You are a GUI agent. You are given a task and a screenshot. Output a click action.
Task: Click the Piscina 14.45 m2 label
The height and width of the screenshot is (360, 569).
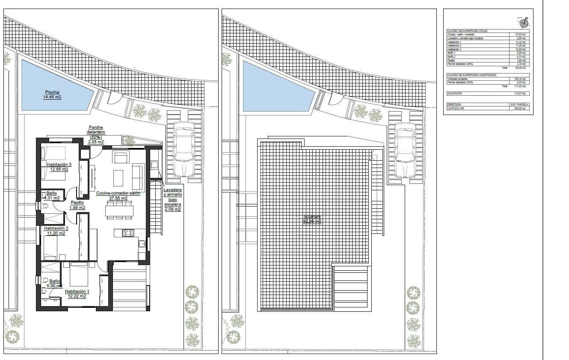click(52, 94)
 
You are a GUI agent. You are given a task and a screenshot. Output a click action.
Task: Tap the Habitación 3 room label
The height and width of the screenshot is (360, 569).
click(59, 167)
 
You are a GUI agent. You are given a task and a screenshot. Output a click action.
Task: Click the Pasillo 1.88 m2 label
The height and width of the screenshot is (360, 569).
click(77, 205)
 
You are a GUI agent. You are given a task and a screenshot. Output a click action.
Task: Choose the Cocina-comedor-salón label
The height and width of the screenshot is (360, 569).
click(118, 195)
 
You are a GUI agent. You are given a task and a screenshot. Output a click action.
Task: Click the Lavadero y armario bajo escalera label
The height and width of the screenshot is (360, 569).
click(172, 199)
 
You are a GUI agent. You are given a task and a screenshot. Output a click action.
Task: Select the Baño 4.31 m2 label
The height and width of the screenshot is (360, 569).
click(52, 196)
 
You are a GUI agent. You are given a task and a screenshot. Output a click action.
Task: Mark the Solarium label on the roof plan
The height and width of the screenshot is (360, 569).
click(312, 219)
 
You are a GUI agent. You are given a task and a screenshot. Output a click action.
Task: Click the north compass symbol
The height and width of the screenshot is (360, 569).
click(524, 23)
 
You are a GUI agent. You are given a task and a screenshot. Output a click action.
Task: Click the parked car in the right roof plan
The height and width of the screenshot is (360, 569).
click(406, 150)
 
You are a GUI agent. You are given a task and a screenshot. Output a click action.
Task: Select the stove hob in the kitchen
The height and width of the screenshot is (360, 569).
click(128, 233)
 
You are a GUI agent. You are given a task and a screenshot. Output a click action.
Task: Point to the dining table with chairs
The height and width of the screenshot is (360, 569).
click(120, 210)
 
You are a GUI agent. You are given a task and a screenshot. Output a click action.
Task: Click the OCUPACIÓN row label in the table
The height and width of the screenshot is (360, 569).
click(455, 93)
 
